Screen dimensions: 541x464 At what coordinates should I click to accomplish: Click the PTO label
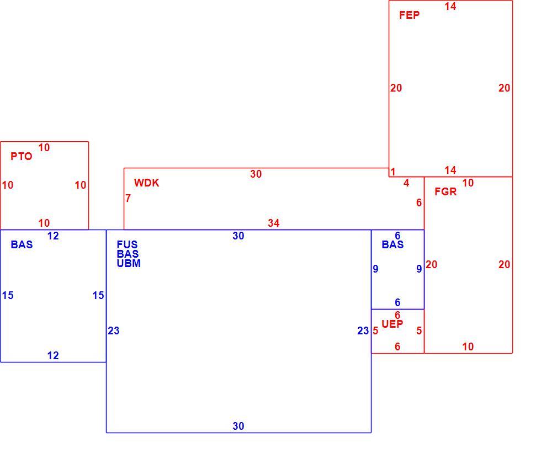pos(22,156)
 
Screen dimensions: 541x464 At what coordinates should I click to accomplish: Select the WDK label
pos(147,183)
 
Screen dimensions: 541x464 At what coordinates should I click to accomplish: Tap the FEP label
pos(410,15)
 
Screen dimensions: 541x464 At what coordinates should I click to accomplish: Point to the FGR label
pos(445,191)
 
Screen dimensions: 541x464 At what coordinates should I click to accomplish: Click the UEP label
pos(393,324)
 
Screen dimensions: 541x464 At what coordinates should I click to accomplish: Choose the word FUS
pos(127,244)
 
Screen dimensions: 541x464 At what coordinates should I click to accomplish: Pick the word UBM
pos(129,263)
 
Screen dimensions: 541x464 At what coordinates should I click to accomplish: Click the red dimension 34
pos(273,223)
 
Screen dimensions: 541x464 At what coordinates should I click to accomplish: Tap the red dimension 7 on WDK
pos(128,198)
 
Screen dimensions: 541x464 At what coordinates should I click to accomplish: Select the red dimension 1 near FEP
pos(393,172)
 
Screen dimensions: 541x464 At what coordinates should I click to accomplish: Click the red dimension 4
pos(406,183)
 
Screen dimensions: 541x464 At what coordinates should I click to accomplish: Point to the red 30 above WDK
pos(256,174)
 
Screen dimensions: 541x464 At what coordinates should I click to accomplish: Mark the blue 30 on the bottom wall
pos(238,426)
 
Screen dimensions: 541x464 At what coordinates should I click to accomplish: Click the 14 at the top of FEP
pos(450,6)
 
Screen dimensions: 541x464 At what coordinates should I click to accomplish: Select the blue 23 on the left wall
pos(114,330)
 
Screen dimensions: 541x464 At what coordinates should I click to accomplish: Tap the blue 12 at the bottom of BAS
pos(53,355)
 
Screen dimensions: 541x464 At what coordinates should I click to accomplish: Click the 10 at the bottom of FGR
pos(468,347)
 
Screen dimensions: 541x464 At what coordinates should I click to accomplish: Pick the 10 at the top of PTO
pos(44,147)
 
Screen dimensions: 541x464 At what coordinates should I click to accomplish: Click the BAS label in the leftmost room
pos(22,244)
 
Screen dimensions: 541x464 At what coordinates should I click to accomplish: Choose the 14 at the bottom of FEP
pos(450,170)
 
